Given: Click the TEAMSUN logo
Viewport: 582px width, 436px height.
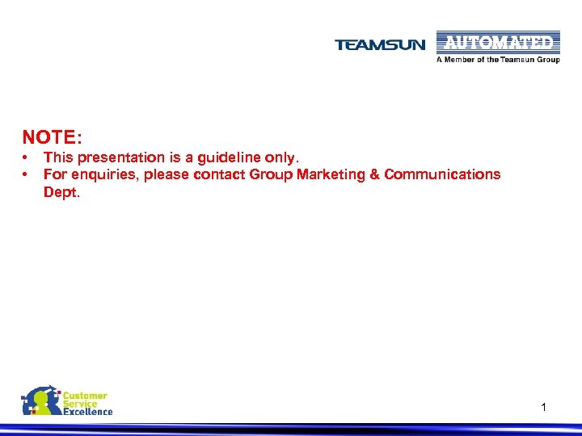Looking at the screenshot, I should point(379,45).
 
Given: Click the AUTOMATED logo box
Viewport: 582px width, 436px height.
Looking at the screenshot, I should point(498,42).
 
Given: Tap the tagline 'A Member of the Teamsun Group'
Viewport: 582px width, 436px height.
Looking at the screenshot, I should point(498,60).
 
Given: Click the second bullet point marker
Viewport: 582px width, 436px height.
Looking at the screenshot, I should point(26,174).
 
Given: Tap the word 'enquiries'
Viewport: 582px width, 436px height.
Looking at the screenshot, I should point(103,174).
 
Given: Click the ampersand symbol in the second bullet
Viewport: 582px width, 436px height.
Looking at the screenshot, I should point(373,174).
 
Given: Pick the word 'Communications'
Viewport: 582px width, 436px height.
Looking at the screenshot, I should point(442,174).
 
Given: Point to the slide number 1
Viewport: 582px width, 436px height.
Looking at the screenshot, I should point(544,409).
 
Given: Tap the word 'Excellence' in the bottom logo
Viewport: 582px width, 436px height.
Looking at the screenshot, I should point(88,412).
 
